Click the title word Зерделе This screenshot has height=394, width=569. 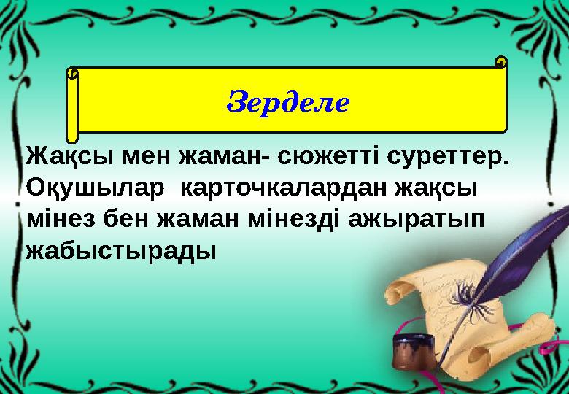[289, 101]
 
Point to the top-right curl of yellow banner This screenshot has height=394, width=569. [500, 62]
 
